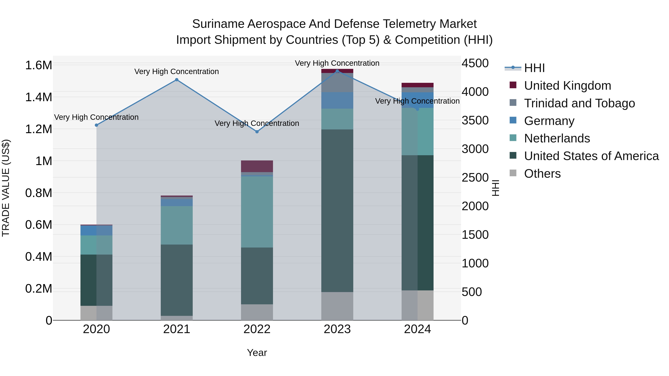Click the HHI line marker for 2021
coord(177,80)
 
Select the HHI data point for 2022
coord(257,132)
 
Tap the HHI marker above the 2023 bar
coord(337,71)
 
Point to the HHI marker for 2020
coord(96,125)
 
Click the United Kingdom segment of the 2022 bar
coord(257,166)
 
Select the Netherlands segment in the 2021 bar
coord(177,225)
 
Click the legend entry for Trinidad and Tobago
coord(579,103)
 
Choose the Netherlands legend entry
coord(557,138)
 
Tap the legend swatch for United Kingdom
coord(513,85)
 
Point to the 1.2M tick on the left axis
coord(38,129)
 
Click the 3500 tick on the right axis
coord(475,120)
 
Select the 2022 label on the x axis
coord(257,329)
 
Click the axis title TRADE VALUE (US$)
coord(6,188)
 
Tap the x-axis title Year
coord(257,353)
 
